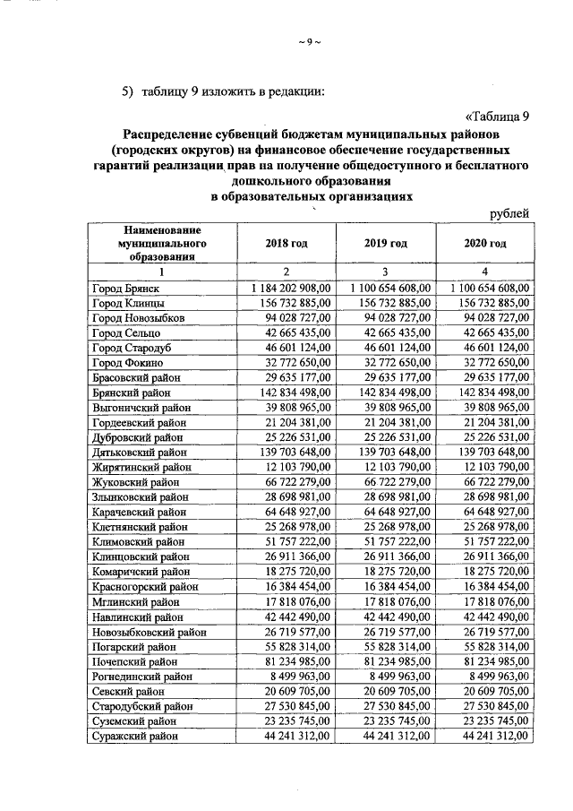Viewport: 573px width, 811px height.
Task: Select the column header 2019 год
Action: (x=385, y=244)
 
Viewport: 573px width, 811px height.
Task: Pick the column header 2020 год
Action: (x=484, y=244)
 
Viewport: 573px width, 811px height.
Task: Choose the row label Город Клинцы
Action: (x=128, y=304)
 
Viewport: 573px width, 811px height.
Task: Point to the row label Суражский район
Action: (x=134, y=736)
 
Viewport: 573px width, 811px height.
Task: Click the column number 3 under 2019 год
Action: (x=385, y=272)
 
